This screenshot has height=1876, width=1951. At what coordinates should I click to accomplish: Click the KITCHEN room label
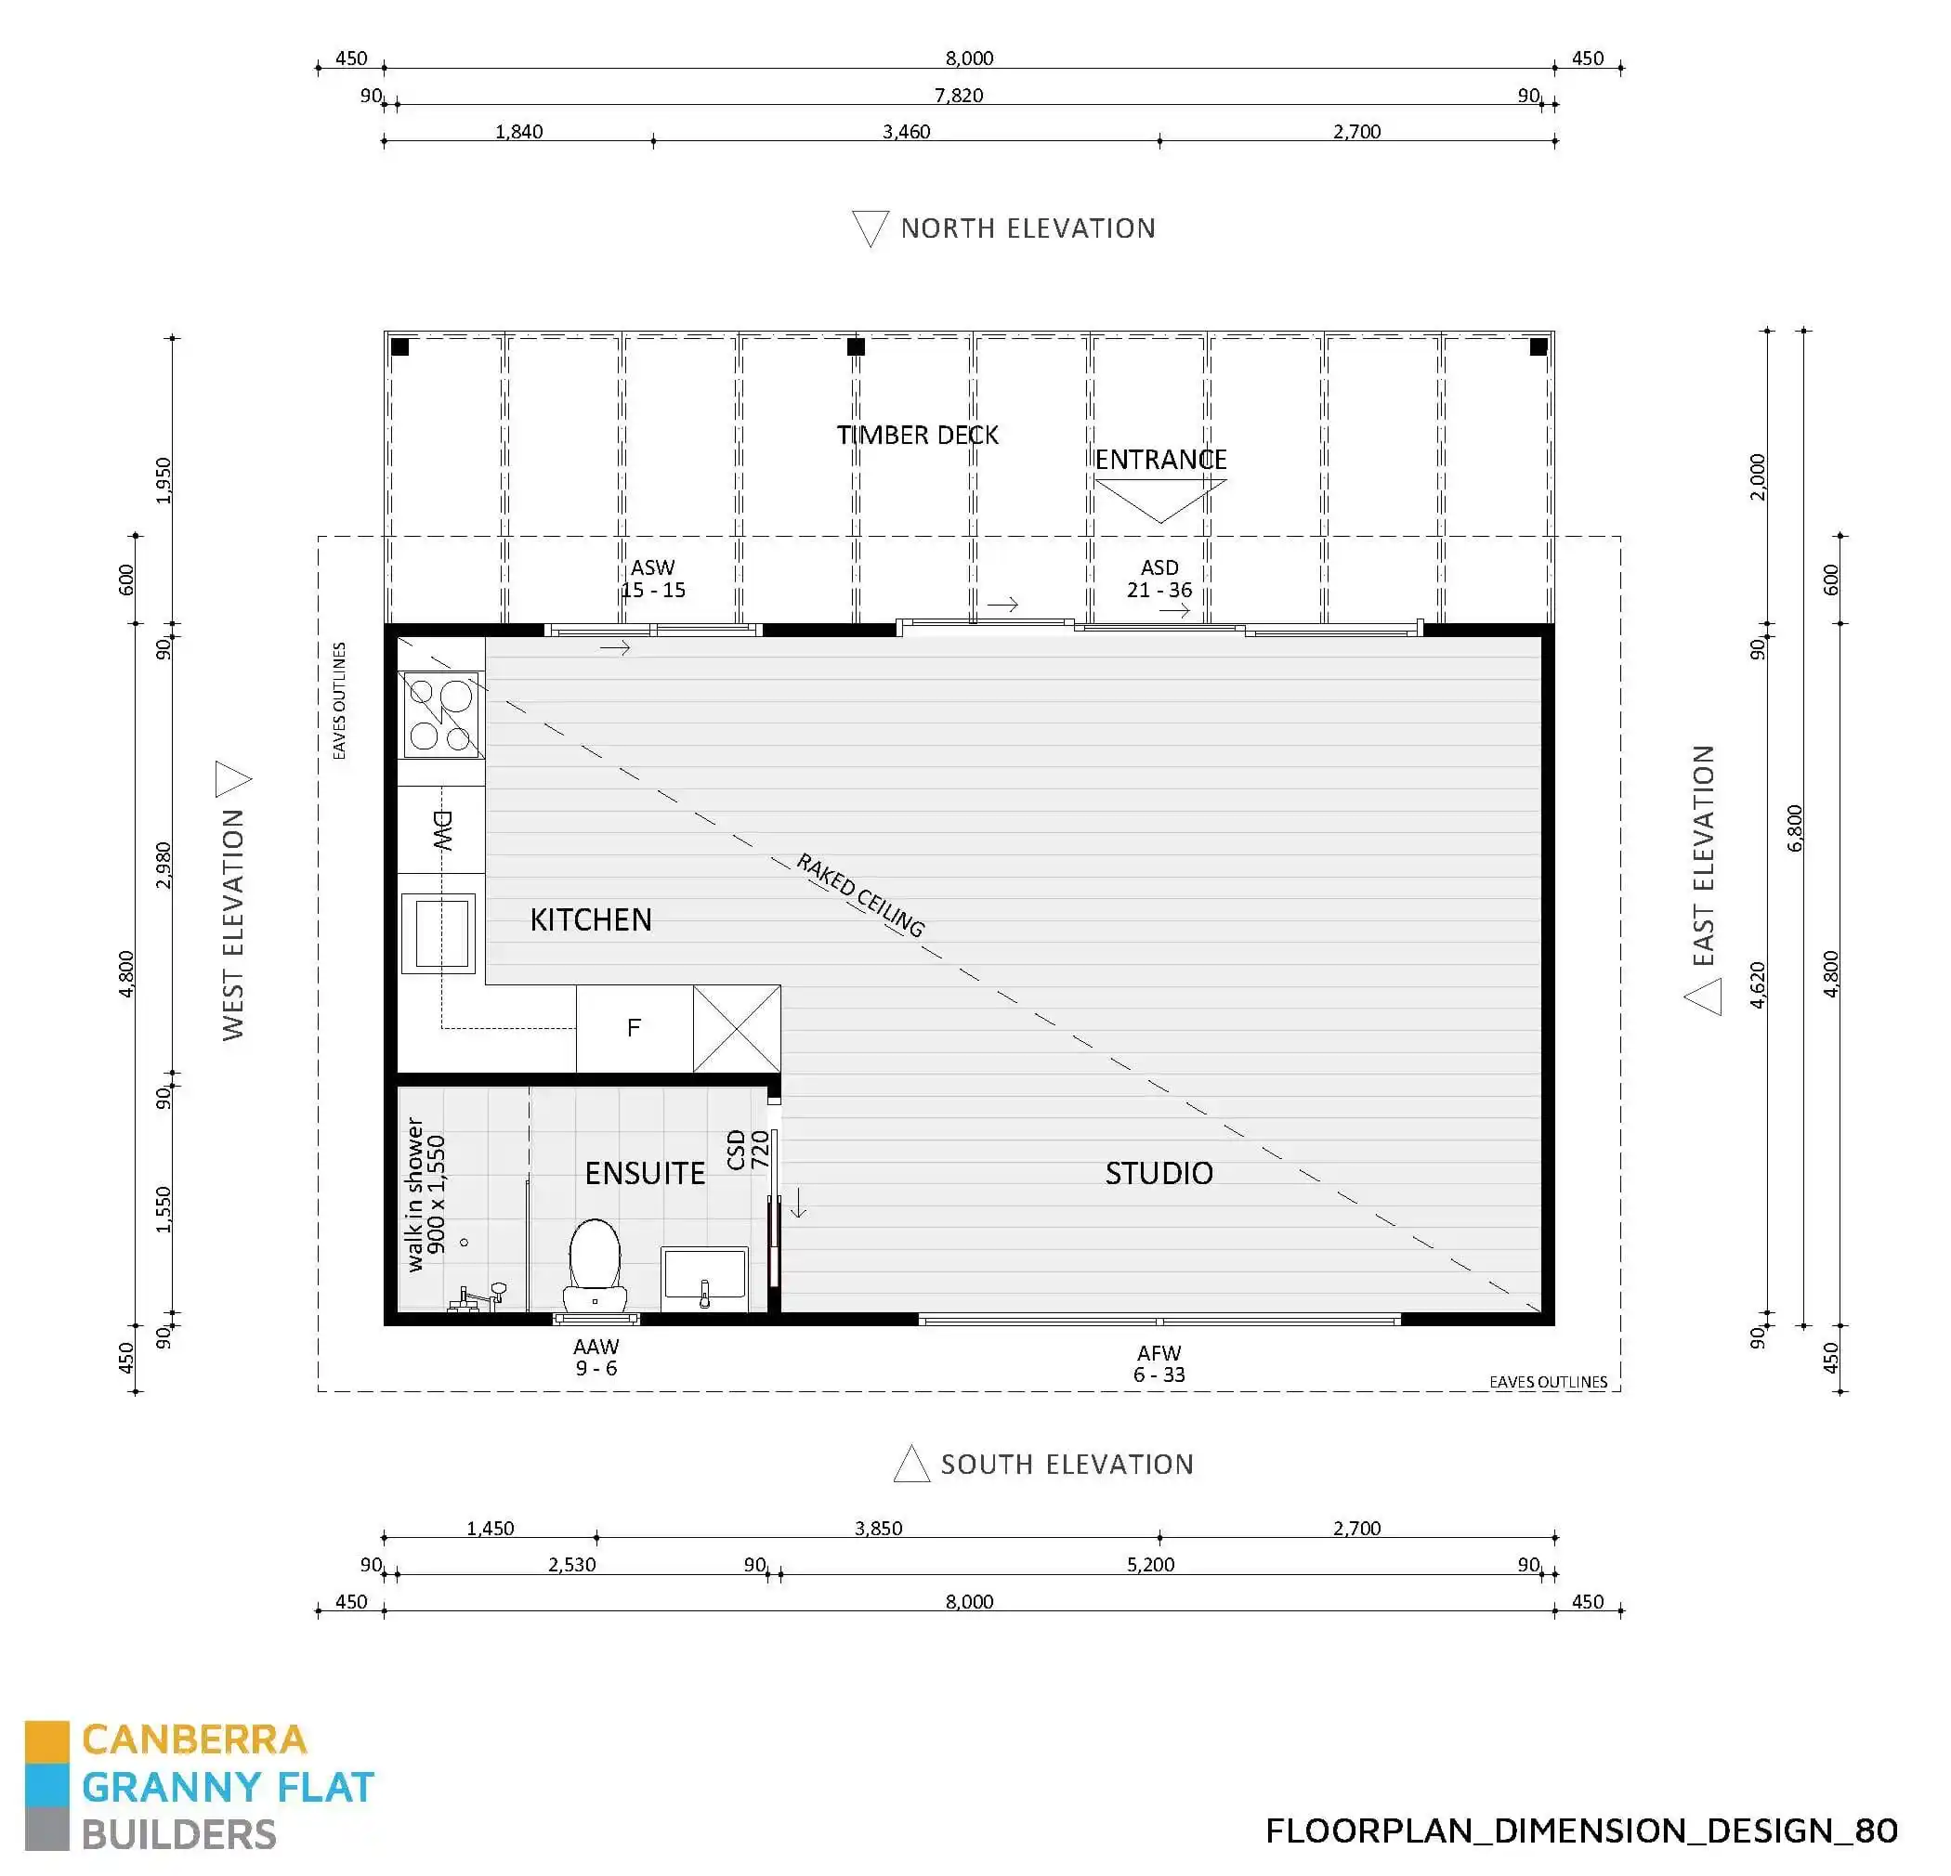[x=590, y=919]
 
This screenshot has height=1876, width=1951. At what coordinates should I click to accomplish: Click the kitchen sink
[x=439, y=932]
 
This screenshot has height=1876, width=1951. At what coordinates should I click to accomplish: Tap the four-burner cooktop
[x=440, y=714]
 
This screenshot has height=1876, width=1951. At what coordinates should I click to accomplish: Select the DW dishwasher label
[x=442, y=830]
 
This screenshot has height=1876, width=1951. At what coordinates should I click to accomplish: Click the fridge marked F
[x=634, y=1028]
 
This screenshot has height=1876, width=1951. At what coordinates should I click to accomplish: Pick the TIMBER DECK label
[x=917, y=435]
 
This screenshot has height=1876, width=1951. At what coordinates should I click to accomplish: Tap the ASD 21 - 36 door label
[x=1159, y=579]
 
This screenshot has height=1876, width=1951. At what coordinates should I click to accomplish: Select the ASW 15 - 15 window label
[x=653, y=579]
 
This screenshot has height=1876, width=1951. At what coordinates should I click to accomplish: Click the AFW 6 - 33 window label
[x=1159, y=1363]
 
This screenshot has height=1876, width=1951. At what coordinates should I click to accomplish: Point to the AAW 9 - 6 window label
[x=596, y=1357]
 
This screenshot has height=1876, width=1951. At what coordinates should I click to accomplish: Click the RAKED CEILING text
[x=861, y=894]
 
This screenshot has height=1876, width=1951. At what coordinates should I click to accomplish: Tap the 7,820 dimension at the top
[x=959, y=96]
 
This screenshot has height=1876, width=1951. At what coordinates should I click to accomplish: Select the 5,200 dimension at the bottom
[x=1150, y=1565]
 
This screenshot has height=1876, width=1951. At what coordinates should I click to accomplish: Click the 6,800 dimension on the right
[x=1795, y=828]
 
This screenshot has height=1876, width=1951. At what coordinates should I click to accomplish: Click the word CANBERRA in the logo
[x=194, y=1739]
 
